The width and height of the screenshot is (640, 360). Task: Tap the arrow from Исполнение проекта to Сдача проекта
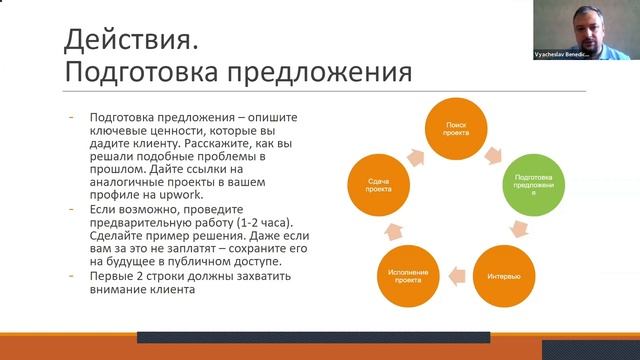tap(368, 233)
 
